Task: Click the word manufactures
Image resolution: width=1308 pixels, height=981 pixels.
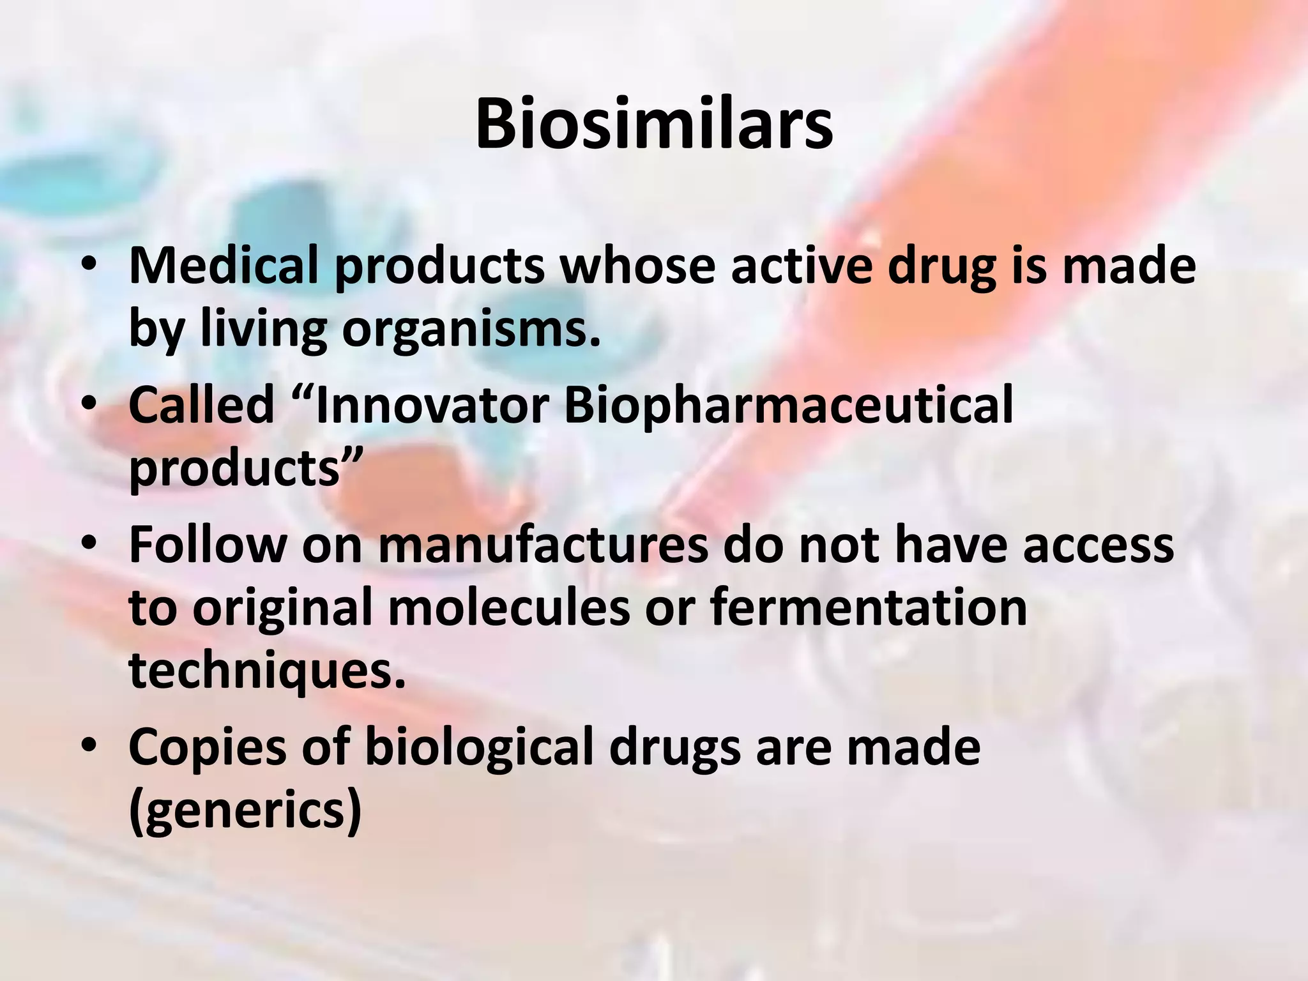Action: coord(543,544)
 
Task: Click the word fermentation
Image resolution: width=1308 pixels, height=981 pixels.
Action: coord(869,608)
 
